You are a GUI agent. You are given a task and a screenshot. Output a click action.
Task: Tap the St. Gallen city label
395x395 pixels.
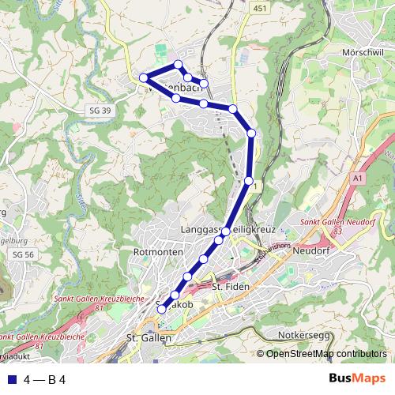coord(149,338)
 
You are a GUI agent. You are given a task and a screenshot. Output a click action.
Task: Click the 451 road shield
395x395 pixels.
coord(261,7)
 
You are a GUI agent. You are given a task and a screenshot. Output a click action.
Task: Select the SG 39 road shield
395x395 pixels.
coord(100,110)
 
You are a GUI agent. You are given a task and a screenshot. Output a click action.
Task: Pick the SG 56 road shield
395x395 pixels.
coord(23,254)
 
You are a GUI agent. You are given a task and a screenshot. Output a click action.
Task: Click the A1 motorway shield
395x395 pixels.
coord(359,179)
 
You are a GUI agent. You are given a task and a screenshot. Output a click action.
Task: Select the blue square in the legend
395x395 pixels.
coord(11,379)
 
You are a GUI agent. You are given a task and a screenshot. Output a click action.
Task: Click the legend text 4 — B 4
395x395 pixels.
coord(44,379)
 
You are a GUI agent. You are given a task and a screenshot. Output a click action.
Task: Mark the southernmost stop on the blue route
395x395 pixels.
coord(161,310)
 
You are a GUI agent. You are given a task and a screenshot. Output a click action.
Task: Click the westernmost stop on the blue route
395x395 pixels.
coord(144,77)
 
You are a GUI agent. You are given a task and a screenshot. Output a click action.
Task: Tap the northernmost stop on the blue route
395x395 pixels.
coord(179,65)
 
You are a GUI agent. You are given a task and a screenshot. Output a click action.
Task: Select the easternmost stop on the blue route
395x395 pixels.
coord(251,134)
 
